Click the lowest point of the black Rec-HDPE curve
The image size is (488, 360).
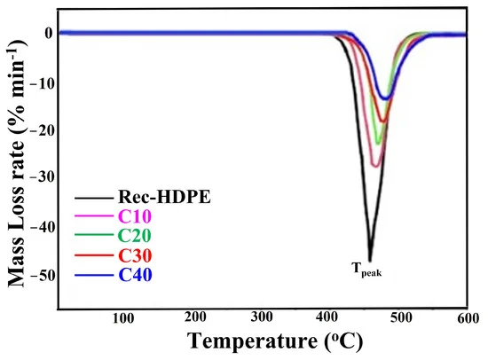[370, 260]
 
